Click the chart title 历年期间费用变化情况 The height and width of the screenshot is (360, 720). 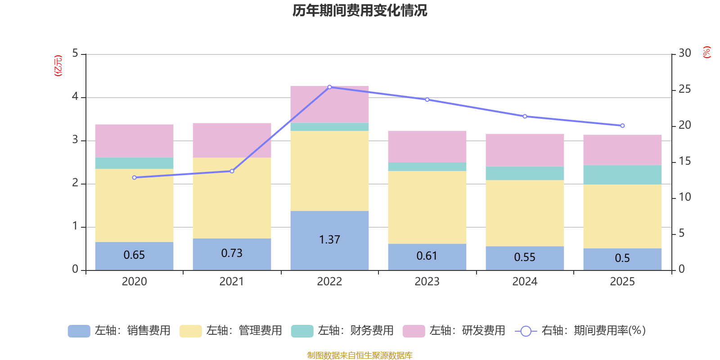tap(360, 10)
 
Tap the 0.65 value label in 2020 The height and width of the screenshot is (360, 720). tap(134, 255)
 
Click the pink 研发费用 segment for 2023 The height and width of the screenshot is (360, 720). tap(427, 146)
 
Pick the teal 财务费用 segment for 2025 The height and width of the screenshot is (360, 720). tap(622, 175)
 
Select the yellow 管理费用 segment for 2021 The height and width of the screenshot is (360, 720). tap(232, 198)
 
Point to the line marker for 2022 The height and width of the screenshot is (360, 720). tap(329, 87)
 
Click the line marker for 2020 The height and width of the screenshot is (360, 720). tap(134, 178)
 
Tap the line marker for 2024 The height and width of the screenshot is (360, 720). tap(525, 117)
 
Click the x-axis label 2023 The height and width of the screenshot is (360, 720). tap(427, 282)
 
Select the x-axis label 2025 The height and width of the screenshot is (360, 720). tap(622, 282)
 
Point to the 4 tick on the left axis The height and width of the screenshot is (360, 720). tap(75, 97)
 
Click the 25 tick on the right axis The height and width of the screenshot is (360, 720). tap(684, 89)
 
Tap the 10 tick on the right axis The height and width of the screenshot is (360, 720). tap(684, 197)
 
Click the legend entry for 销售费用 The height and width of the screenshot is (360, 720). tap(119, 331)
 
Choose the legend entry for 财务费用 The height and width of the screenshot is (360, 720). tap(342, 331)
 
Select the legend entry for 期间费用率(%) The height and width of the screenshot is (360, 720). tap(580, 331)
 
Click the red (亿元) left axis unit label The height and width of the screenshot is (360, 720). tap(58, 66)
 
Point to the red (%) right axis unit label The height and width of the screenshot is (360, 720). tap(707, 52)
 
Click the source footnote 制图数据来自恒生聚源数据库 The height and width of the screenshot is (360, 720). tap(360, 355)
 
